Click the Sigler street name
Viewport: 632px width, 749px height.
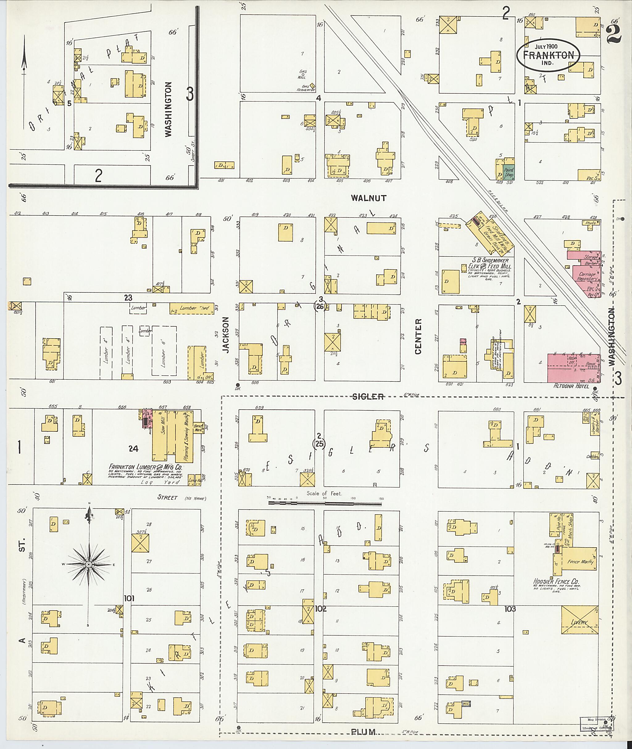pyautogui.click(x=368, y=396)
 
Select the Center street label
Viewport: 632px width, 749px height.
pyautogui.click(x=418, y=336)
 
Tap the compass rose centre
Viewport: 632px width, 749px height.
pyautogui.click(x=88, y=565)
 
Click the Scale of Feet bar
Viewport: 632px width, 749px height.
pyautogui.click(x=325, y=503)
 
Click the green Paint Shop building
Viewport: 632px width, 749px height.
pyautogui.click(x=509, y=173)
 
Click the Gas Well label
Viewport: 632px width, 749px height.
pyautogui.click(x=302, y=75)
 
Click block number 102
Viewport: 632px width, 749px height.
pyautogui.click(x=320, y=608)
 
